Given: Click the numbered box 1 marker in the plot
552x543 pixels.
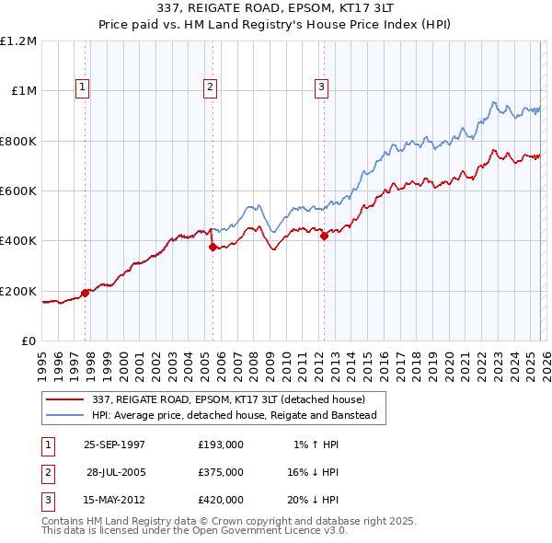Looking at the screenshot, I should coord(83,87).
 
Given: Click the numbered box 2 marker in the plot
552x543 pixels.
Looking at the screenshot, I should coord(210,87).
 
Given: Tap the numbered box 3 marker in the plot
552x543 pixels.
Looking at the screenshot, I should coord(322,87).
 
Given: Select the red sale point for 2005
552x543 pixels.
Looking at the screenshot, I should coord(213,247).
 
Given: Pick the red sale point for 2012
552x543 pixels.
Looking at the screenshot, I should coord(324,236).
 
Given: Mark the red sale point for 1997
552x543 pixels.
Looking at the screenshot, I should coord(86,293).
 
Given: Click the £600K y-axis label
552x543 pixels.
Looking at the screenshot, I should coord(18,191).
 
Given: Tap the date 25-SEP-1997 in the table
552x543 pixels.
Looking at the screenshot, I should coord(114,445).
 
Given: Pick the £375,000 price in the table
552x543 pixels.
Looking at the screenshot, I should coord(221,472).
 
